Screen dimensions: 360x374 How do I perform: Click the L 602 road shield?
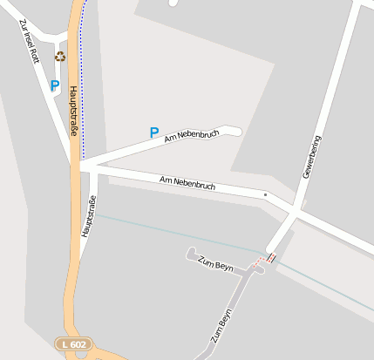click(74, 344)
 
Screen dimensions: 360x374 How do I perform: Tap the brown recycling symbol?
click(60, 57)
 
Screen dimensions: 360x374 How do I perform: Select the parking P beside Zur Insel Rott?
click(55, 85)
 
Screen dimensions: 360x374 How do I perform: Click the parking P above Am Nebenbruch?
click(154, 132)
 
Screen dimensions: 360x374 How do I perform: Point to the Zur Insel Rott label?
click(29, 41)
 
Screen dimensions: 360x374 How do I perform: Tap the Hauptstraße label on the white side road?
click(88, 217)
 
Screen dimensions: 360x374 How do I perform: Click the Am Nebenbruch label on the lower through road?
click(187, 183)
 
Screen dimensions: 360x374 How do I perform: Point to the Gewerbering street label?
click(311, 157)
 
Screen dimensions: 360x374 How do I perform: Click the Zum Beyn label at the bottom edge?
click(221, 327)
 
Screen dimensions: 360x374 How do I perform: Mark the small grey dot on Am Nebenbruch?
click(265, 194)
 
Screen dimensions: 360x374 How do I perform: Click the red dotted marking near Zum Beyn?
click(265, 259)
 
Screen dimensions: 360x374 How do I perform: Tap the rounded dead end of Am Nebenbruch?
click(234, 131)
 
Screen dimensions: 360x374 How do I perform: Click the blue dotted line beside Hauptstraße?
click(84, 87)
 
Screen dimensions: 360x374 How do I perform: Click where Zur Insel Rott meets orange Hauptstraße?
click(73, 162)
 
